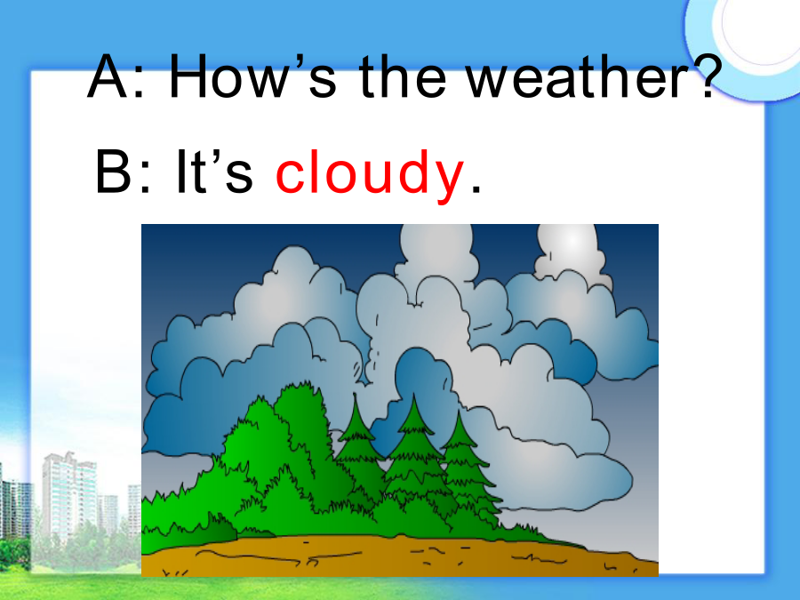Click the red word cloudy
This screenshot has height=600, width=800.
370,172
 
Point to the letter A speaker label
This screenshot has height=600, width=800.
108,76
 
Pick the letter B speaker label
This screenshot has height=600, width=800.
113,171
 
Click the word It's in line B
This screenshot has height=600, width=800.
214,171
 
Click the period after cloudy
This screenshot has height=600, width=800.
476,188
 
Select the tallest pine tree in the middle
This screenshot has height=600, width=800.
413,454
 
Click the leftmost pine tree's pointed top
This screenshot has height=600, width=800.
355,396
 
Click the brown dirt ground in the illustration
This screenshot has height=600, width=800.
399,556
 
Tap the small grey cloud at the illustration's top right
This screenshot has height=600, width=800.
571,252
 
